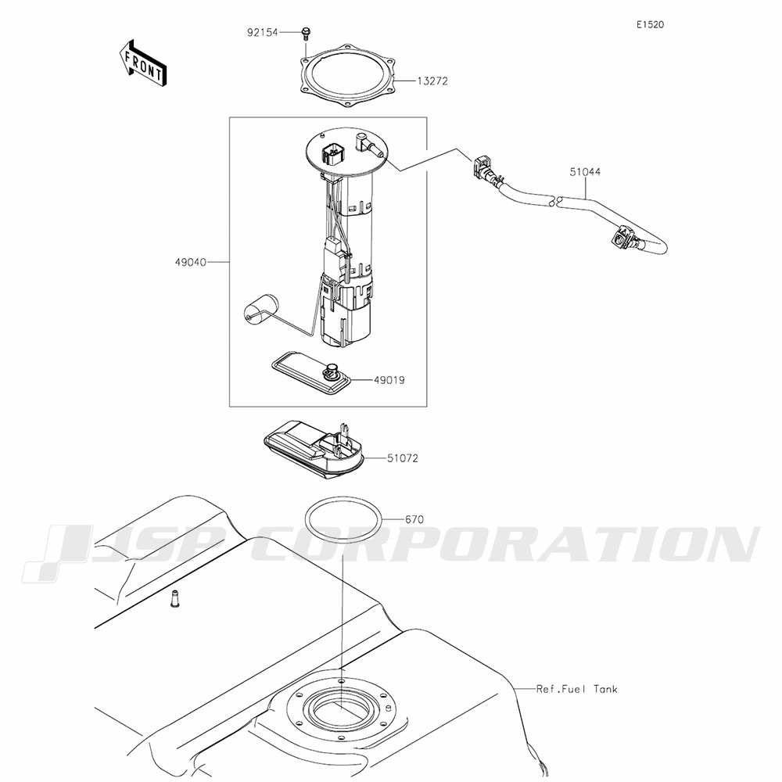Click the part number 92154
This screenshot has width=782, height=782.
(x=262, y=33)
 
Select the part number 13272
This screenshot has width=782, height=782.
(x=432, y=81)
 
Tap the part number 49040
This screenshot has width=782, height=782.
(x=190, y=262)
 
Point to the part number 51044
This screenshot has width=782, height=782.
(x=585, y=172)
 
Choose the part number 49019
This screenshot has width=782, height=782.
(x=389, y=381)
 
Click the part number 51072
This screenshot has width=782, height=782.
(x=403, y=458)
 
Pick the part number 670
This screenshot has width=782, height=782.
(x=414, y=520)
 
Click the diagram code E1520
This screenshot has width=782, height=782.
(x=650, y=25)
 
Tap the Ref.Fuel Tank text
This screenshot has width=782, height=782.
(x=576, y=689)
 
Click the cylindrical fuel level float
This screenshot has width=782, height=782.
(x=260, y=307)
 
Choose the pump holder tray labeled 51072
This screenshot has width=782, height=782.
(x=314, y=449)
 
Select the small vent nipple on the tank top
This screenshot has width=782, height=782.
(x=174, y=598)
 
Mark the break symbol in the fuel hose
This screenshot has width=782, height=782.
(x=556, y=202)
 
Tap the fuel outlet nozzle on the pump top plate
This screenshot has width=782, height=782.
(x=370, y=145)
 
